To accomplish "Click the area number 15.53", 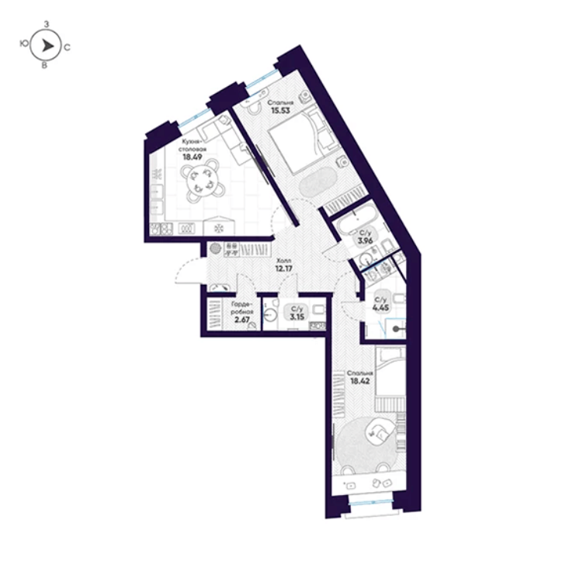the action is [x=280, y=110].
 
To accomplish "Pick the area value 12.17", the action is [x=284, y=268].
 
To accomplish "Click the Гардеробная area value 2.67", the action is [x=242, y=320].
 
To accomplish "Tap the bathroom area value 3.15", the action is [x=297, y=317].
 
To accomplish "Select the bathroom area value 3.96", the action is [x=366, y=241].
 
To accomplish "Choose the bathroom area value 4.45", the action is [x=380, y=307].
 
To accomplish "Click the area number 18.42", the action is [x=360, y=381].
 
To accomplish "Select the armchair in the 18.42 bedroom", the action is [x=381, y=432].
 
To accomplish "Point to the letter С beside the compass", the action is [x=68, y=47].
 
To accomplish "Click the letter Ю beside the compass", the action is [x=24, y=43].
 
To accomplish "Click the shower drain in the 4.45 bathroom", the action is [x=395, y=329].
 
